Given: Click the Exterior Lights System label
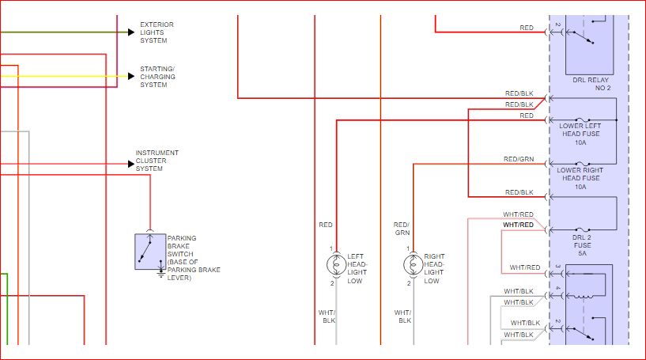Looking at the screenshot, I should pyautogui.click(x=157, y=32).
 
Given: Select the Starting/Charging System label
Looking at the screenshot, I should pyautogui.click(x=157, y=77).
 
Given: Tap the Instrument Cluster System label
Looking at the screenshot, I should pyautogui.click(x=157, y=161).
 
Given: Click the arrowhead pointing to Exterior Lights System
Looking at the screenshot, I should pyautogui.click(x=131, y=32).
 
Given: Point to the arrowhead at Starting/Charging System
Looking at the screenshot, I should pyautogui.click(x=131, y=77).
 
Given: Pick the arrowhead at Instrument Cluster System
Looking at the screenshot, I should pyautogui.click(x=131, y=164).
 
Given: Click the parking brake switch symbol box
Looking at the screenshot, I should pyautogui.click(x=149, y=252).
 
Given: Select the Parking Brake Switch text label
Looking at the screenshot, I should pyautogui.click(x=193, y=258).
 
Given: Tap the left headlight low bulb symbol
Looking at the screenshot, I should pyautogui.click(x=336, y=264).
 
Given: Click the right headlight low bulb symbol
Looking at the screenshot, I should pyautogui.click(x=412, y=264).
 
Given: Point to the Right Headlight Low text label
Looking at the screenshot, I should pyautogui.click(x=434, y=269).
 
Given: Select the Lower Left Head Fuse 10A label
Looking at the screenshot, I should pyautogui.click(x=580, y=134).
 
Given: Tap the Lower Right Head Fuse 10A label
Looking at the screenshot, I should pyautogui.click(x=580, y=178).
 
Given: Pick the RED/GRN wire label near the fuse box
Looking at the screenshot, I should pyautogui.click(x=519, y=159).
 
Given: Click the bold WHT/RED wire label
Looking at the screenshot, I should pyautogui.click(x=519, y=225).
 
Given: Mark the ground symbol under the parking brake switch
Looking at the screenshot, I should pyautogui.click(x=161, y=275).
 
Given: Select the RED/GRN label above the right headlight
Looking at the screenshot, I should pyautogui.click(x=402, y=229).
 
